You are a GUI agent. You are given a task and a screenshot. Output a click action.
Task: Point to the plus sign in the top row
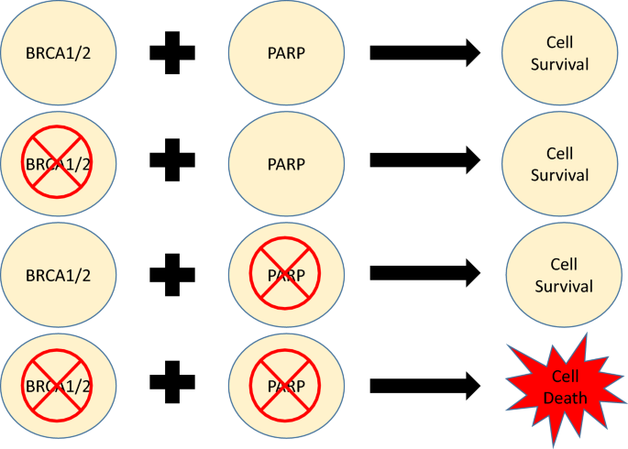click(171, 52)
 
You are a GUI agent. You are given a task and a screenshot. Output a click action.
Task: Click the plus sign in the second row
click(171, 163)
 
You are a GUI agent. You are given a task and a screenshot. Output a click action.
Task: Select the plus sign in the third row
click(171, 273)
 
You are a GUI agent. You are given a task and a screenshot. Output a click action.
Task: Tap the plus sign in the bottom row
click(171, 383)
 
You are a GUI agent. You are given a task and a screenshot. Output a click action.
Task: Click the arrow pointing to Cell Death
click(424, 384)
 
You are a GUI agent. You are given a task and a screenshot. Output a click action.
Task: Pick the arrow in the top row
click(424, 52)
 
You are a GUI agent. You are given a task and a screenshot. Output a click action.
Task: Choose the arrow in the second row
click(424, 163)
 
